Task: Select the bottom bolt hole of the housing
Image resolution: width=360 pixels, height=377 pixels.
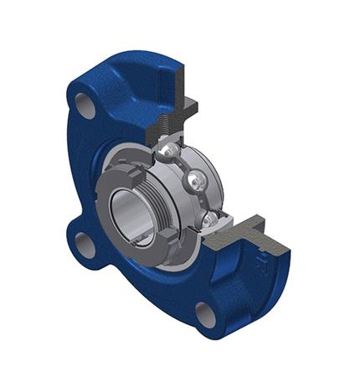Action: (206, 314)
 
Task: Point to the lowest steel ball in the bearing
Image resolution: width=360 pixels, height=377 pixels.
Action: (211, 219)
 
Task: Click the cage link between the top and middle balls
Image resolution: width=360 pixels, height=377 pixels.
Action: (185, 164)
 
